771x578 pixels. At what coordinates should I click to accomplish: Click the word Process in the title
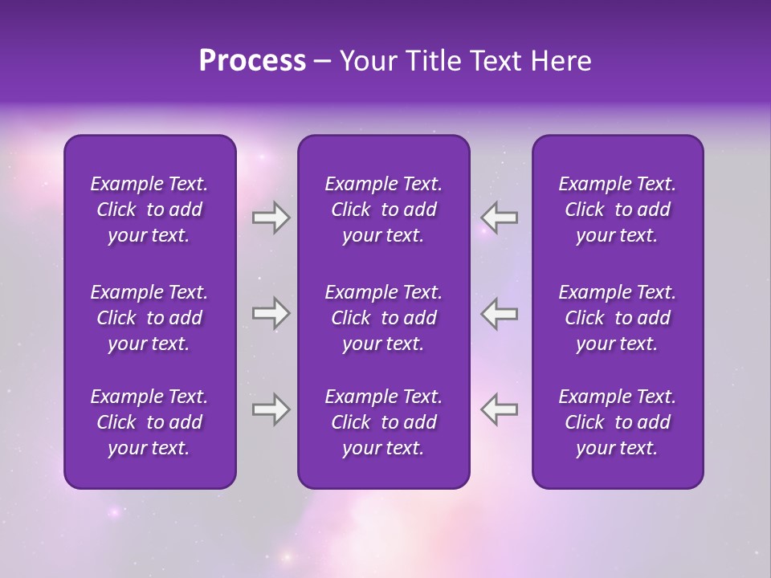(x=252, y=61)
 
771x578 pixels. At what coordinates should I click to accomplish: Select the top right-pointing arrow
(x=271, y=218)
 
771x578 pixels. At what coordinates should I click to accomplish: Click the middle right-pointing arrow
(x=271, y=313)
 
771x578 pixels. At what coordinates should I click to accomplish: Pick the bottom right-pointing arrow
(x=271, y=409)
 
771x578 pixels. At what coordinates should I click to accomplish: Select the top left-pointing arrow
(x=500, y=218)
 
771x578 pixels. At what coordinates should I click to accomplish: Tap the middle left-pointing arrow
(x=500, y=313)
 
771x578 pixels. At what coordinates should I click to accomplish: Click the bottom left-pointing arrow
(x=500, y=409)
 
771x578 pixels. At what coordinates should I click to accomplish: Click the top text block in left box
(x=149, y=210)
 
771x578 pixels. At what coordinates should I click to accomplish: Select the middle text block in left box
(x=149, y=318)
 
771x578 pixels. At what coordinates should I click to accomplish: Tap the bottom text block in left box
(x=149, y=422)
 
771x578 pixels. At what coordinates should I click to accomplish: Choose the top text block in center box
(x=383, y=210)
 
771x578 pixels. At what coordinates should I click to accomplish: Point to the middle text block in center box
(x=383, y=318)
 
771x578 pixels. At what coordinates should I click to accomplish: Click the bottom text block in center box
(x=383, y=422)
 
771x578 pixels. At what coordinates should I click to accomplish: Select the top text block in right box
(x=617, y=210)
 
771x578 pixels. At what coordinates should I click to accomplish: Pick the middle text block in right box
(x=617, y=318)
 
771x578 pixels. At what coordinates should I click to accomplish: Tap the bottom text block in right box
(x=617, y=422)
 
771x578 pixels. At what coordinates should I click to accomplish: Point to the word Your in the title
(x=366, y=61)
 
